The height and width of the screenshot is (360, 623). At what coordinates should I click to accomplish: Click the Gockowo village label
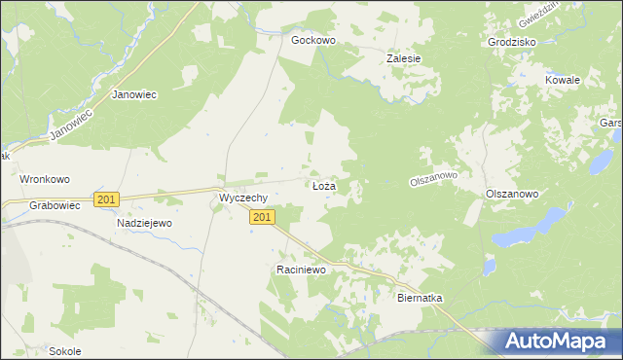pos(313,41)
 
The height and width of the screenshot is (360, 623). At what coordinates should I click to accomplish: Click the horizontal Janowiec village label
pos(134,95)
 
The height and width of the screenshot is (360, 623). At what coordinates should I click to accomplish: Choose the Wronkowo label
pos(45,180)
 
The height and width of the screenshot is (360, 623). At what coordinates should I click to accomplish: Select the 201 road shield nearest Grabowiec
pos(107,199)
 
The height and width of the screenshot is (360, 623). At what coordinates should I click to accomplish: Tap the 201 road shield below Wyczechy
pos(260,218)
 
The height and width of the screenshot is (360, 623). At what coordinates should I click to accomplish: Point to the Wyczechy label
pos(243,198)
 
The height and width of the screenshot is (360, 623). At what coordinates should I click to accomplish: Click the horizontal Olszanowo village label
pos(512,195)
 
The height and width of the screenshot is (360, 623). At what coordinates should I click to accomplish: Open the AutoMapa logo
pos(557,341)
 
